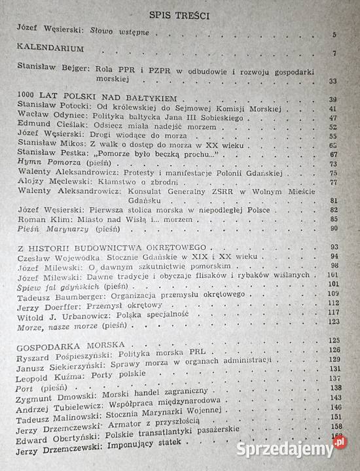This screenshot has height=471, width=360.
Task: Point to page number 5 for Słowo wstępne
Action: coord(334,35)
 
